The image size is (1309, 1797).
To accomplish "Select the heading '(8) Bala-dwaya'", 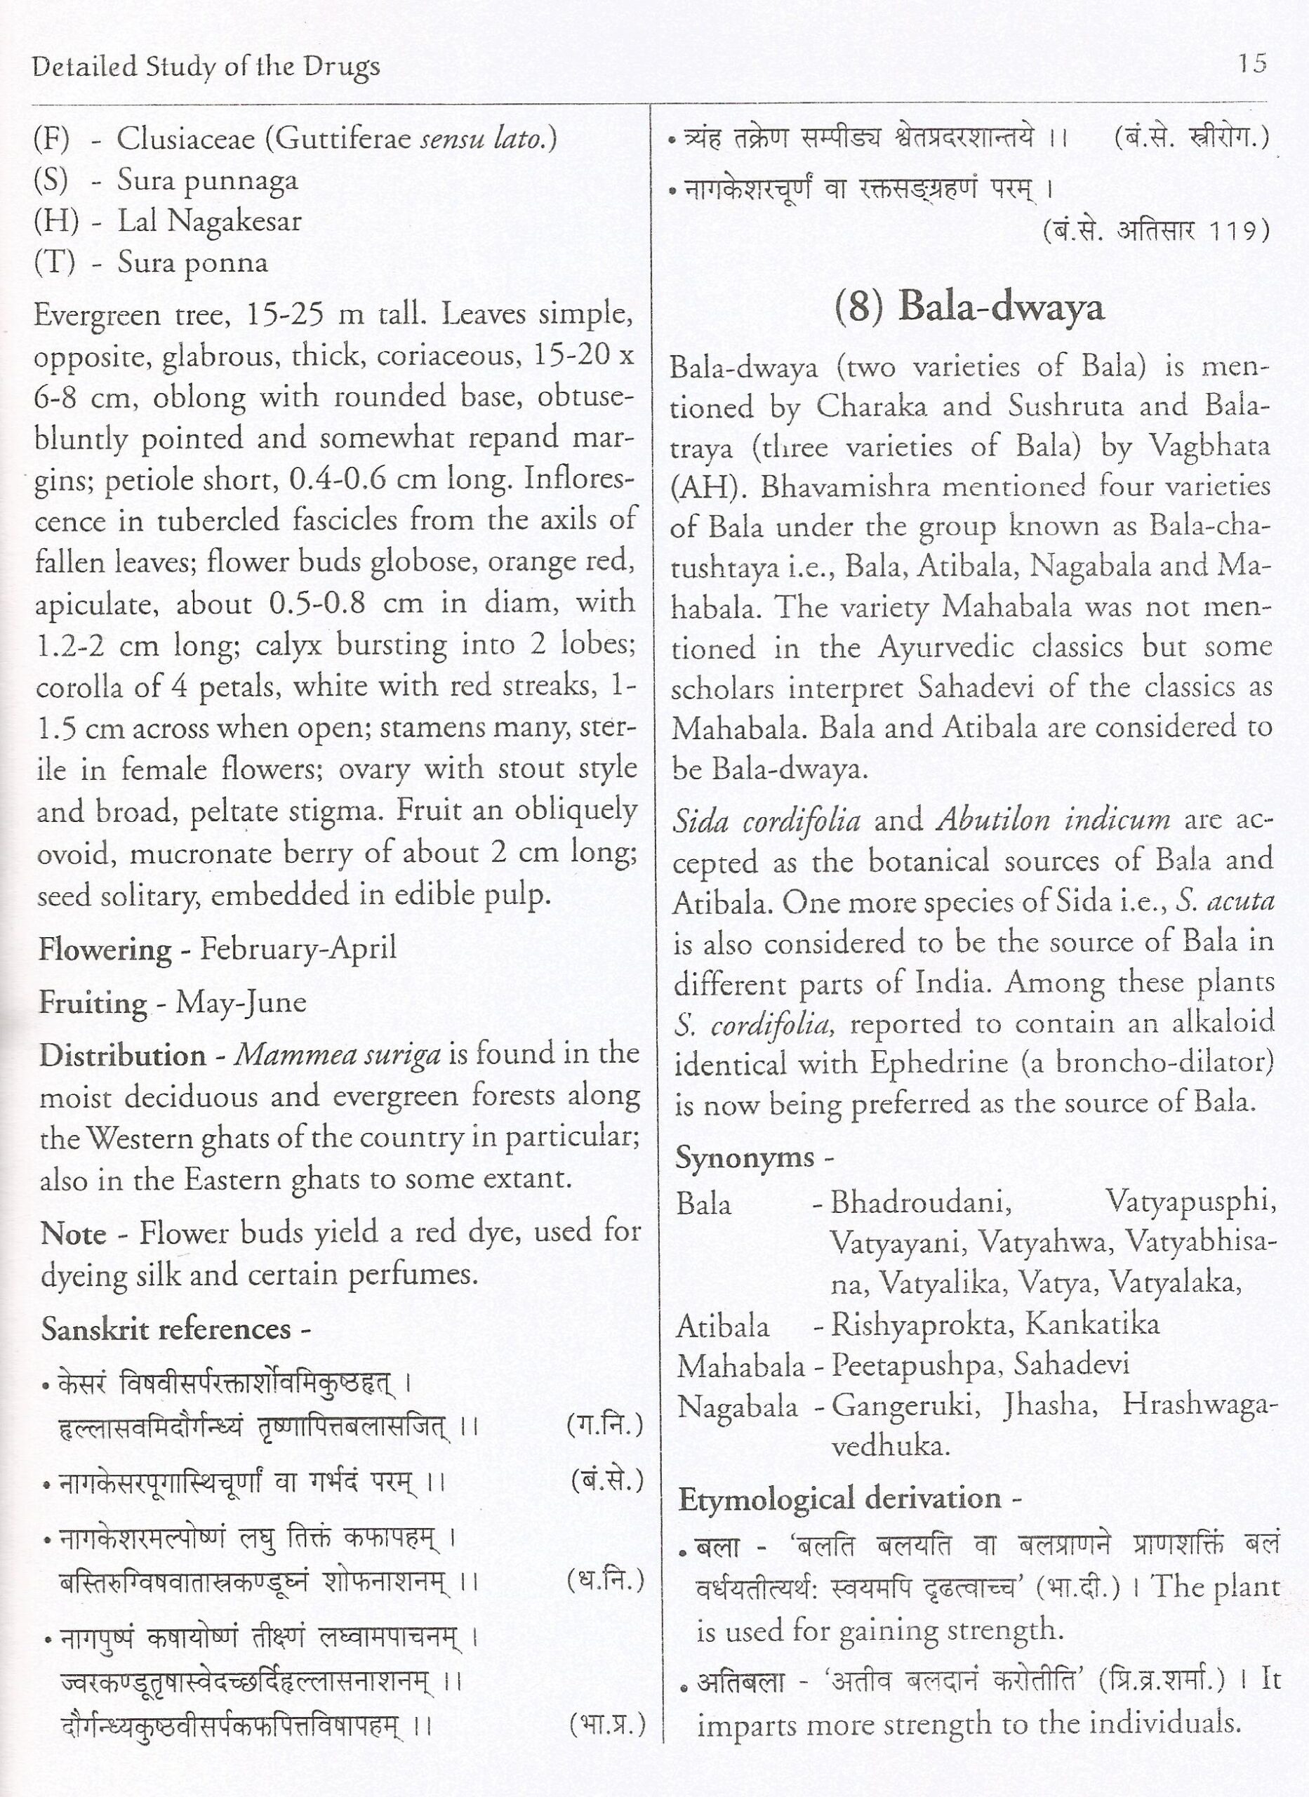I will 969,307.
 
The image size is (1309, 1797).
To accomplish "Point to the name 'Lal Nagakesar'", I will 210,221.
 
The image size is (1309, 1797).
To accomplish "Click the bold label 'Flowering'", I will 105,949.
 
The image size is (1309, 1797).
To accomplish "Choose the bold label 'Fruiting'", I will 93,1002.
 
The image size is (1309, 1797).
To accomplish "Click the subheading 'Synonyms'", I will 745,1158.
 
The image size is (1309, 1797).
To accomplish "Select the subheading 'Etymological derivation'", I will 840,1498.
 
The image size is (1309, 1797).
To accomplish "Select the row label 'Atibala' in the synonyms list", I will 723,1325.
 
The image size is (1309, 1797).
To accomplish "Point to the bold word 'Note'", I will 73,1233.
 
